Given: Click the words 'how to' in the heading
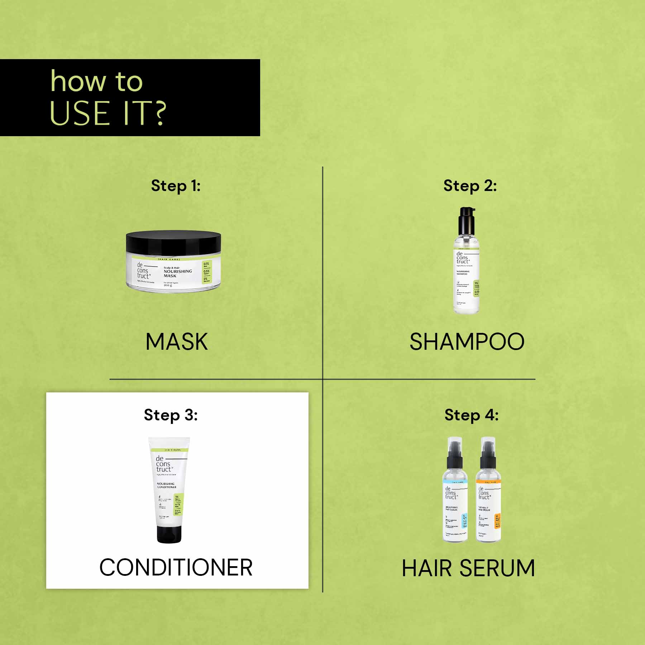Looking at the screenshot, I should (96, 81).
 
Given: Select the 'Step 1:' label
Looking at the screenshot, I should (176, 186).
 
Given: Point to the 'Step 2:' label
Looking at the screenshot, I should (470, 186).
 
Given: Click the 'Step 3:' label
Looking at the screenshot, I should (171, 415).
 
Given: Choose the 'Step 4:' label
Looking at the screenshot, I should (471, 415).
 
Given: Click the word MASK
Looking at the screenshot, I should (176, 341).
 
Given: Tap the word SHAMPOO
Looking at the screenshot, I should (467, 341).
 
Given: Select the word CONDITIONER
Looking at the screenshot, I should (176, 568).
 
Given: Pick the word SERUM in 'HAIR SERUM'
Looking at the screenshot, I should (497, 568).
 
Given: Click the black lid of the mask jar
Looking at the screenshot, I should (173, 242).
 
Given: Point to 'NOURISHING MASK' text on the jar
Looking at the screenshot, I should (178, 273).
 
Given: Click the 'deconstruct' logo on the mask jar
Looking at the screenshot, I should (143, 271).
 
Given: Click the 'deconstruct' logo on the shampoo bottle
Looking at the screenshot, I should (462, 258).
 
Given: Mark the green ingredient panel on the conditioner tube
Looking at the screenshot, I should (178, 504).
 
